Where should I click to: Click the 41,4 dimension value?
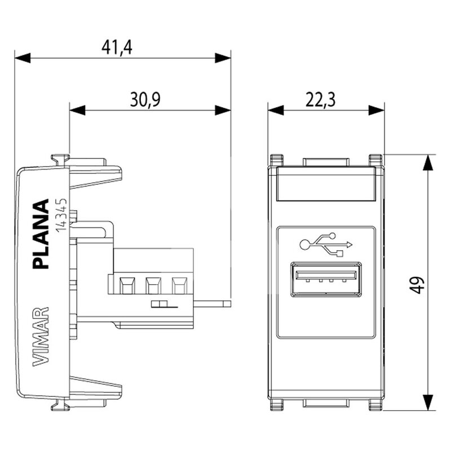tap(117, 47)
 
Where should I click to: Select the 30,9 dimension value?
tap(145, 100)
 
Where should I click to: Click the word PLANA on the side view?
tap(42, 235)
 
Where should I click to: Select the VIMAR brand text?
tap(41, 337)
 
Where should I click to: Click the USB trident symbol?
tap(326, 244)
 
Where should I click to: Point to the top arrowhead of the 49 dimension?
tap(428, 163)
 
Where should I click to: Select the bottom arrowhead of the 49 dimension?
tap(428, 404)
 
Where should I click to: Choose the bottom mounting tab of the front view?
tap(325, 404)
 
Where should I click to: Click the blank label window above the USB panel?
tap(326, 187)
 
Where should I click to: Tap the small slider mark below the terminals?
tap(162, 305)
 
